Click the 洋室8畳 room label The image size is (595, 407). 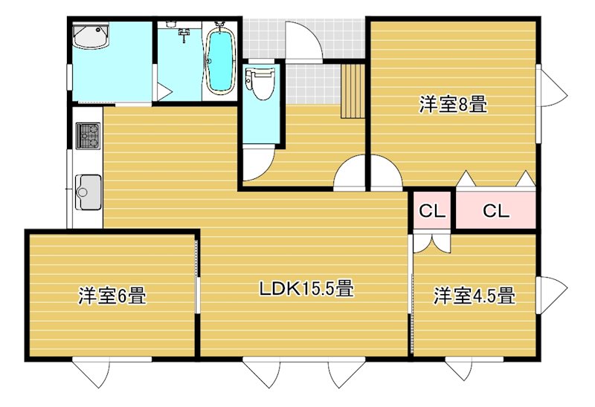453,105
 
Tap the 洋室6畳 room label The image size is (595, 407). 112,296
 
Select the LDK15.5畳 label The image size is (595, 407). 305,288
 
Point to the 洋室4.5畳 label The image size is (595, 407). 475,296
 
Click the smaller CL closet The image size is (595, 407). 432,211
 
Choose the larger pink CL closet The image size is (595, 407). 495,211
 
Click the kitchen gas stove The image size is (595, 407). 88,136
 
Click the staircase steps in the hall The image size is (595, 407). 352,91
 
